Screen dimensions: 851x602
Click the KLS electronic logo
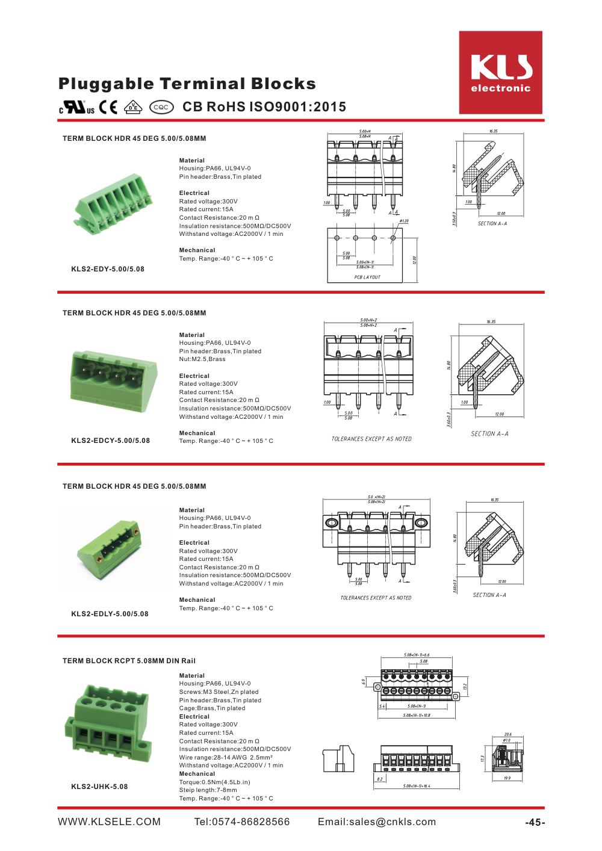click(500, 73)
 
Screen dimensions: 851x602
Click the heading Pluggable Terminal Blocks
click(187, 84)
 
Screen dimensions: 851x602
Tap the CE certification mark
click(108, 107)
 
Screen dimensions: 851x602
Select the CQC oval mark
click(161, 107)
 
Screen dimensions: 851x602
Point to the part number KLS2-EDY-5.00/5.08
click(108, 269)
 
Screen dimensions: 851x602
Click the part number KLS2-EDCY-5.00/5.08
click(110, 441)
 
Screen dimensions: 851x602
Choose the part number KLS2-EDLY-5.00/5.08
click(110, 614)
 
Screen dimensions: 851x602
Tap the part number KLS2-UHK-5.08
click(99, 787)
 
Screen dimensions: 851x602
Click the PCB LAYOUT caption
click(367, 277)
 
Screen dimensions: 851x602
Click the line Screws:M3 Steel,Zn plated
click(219, 692)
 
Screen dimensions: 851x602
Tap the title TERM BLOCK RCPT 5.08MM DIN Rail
click(129, 661)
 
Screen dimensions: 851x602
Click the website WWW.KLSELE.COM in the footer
click(109, 822)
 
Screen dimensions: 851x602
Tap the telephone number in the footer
click(241, 822)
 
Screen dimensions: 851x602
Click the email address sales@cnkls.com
click(377, 822)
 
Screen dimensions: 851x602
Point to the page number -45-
click(535, 823)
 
